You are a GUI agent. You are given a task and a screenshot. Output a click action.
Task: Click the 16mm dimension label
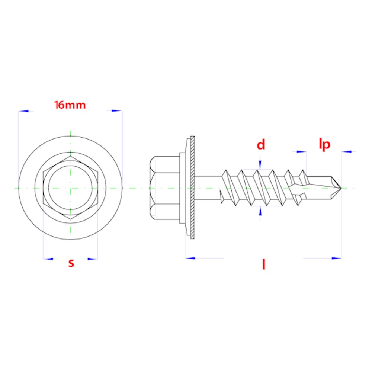tap(70, 105)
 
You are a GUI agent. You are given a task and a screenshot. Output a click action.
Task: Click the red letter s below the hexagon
tap(71, 263)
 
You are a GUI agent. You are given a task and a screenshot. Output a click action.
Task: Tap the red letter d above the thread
tap(261, 144)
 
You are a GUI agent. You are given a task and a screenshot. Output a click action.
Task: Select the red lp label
tap(324, 144)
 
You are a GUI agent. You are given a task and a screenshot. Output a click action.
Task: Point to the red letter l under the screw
tap(264, 264)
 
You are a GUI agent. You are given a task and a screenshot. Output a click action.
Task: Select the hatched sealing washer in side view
tap(193, 188)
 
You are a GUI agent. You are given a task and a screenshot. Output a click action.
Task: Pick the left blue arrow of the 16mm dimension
tap(23, 111)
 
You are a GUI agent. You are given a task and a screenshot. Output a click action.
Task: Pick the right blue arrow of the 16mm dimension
tap(117, 111)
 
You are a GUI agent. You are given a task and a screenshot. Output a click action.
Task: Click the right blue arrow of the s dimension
tap(93, 259)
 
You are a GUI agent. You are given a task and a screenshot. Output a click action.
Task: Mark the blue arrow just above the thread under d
tap(260, 165)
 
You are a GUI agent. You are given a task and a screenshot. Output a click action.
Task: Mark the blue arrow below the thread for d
tap(260, 211)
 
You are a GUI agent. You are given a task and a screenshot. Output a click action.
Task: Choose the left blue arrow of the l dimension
tap(190, 258)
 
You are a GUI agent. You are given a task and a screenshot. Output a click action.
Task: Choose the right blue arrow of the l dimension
tap(336, 258)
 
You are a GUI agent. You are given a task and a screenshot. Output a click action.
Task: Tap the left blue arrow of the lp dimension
tap(301, 151)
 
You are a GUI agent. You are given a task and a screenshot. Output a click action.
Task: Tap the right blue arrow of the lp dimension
tap(346, 151)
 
